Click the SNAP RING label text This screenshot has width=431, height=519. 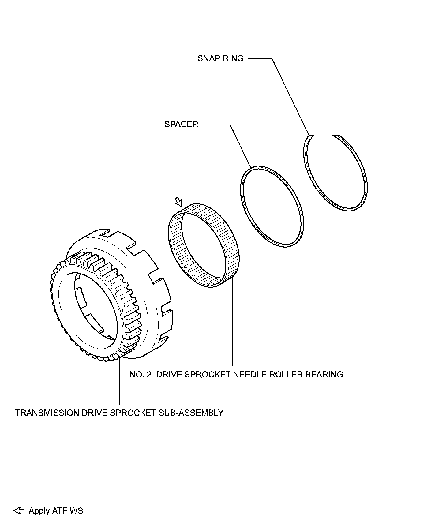[x=220, y=58]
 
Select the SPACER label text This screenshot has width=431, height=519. [x=181, y=124]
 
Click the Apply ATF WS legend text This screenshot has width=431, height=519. [x=56, y=511]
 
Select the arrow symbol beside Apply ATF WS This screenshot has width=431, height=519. [x=19, y=511]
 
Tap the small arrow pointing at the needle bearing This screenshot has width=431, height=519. [x=178, y=202]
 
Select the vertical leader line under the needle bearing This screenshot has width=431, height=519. [x=232, y=324]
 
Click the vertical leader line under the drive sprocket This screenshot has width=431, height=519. [x=119, y=383]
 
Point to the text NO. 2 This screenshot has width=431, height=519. [x=141, y=374]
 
